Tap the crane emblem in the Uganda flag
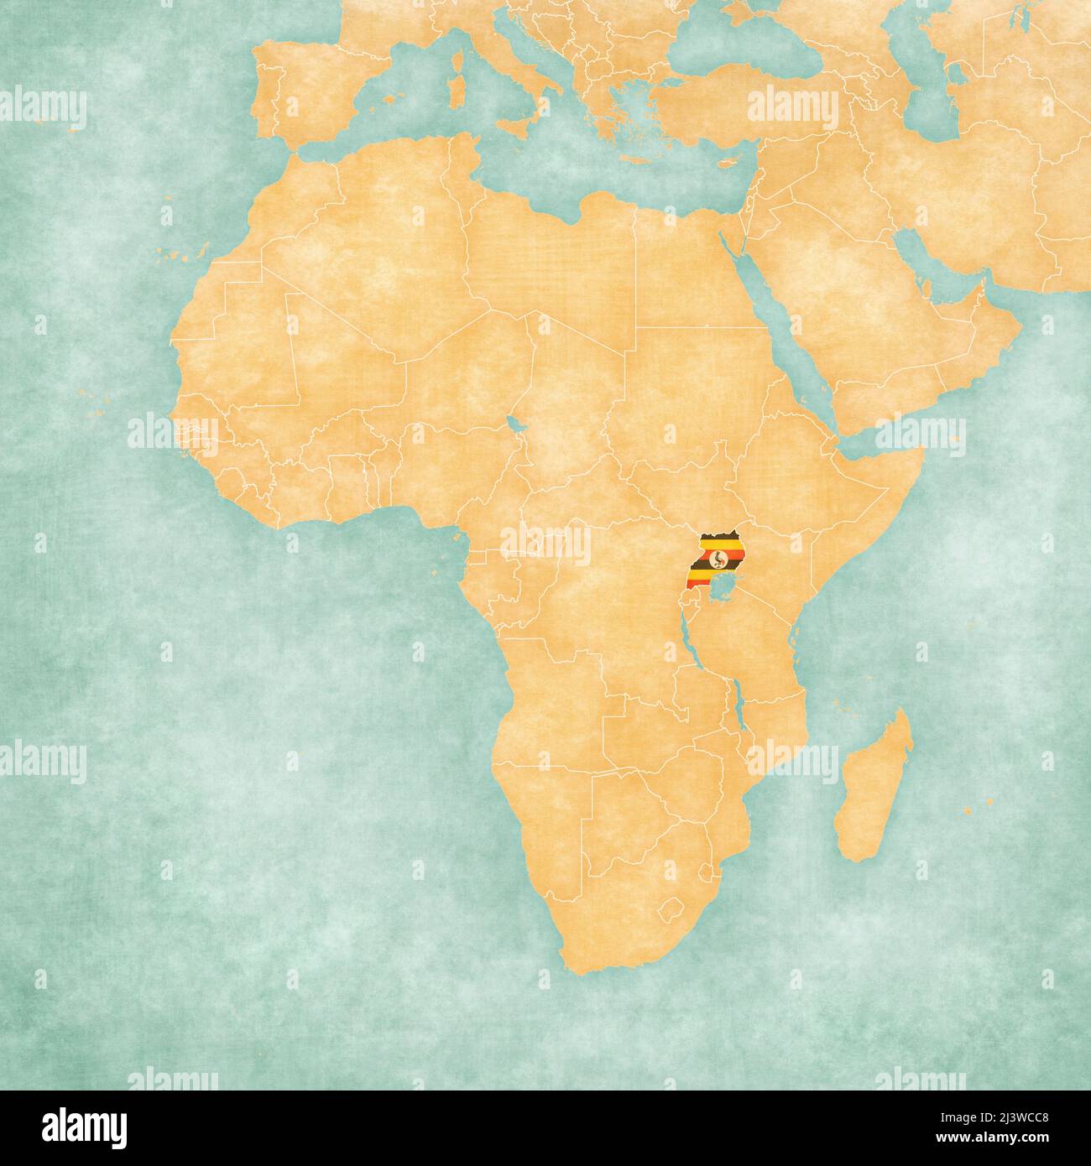click(x=716, y=556)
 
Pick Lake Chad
click(x=514, y=424)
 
